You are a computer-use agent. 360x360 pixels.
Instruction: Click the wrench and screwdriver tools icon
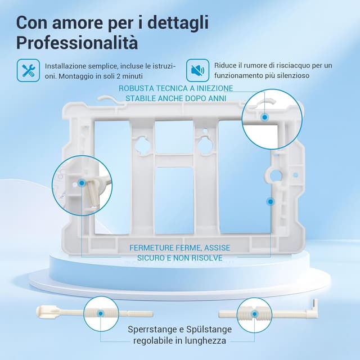[x=28, y=70]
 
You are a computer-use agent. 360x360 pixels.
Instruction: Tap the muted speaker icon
[x=197, y=70]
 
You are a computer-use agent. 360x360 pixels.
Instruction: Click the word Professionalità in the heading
[x=77, y=43]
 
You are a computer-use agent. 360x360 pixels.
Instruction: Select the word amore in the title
[x=77, y=23]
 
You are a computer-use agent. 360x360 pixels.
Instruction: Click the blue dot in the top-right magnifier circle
[x=265, y=118]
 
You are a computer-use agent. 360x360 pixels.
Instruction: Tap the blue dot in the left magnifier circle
[x=82, y=183]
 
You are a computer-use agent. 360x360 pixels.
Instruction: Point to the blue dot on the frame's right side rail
[x=271, y=201]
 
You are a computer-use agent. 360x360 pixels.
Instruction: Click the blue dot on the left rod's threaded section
[x=100, y=313]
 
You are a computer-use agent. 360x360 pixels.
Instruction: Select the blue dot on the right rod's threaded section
[x=254, y=314]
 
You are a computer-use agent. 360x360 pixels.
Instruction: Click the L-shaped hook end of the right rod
[x=313, y=308]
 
